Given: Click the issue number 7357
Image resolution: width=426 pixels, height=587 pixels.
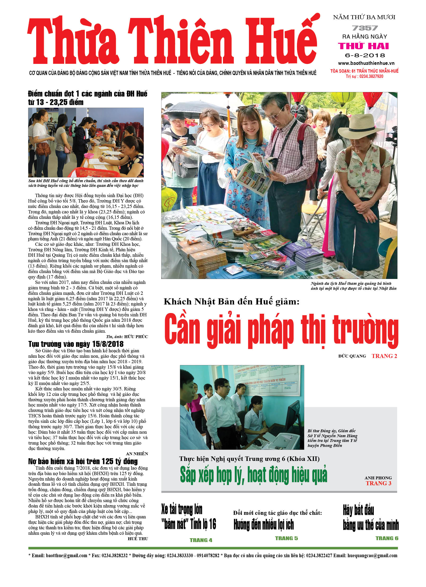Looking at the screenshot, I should click(365, 28).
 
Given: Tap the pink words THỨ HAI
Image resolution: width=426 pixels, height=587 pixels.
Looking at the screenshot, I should click(364, 46).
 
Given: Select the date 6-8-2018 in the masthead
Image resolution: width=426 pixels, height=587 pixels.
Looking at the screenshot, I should click(365, 55).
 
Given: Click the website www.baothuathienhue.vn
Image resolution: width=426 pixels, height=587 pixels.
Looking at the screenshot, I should click(366, 63).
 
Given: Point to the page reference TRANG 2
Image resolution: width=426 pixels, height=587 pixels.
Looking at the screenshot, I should click(384, 356).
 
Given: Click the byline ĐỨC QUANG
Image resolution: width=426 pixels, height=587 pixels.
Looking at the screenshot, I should click(352, 356).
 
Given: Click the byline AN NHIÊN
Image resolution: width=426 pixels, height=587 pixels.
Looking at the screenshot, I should click(137, 454).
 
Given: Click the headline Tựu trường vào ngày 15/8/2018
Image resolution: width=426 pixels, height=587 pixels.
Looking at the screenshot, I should click(76, 344).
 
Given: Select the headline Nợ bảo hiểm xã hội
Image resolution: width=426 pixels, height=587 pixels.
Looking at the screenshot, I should click(83, 461).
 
